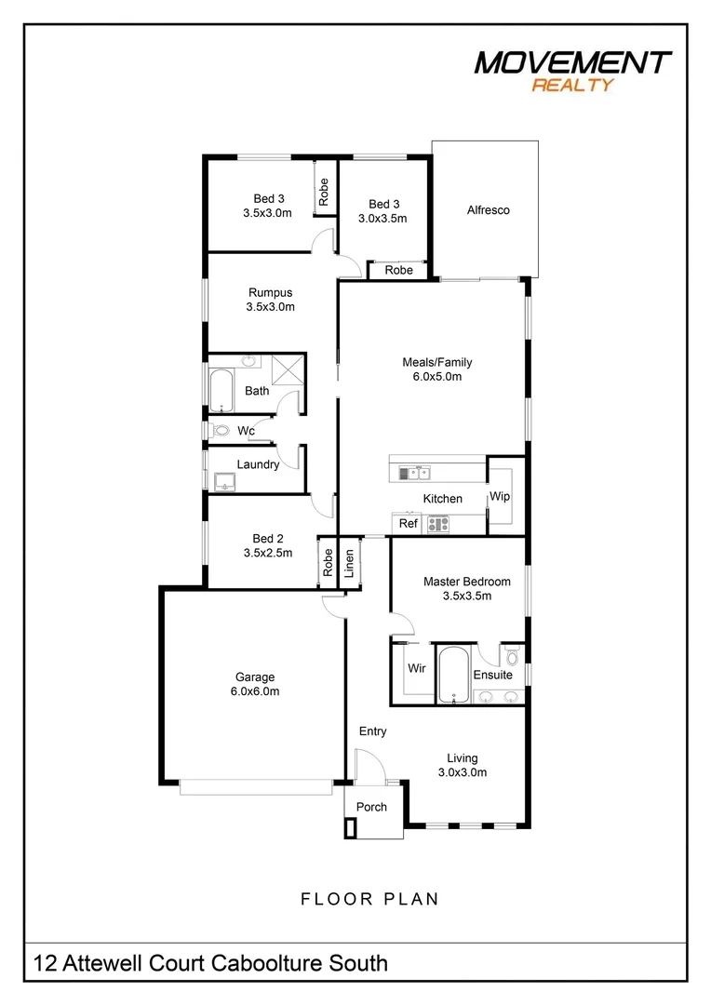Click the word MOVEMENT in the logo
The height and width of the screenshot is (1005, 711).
pos(571,62)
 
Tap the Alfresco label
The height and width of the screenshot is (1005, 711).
pos(488,210)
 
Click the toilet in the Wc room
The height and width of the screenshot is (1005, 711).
pos(220,431)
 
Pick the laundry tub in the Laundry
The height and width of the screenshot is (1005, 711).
pos(223,481)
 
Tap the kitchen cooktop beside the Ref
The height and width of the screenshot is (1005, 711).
pos(437,524)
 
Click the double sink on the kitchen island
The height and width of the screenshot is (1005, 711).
pos(414,474)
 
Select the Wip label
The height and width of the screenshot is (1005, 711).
pos(500,497)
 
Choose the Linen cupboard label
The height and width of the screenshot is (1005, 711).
pos(349,563)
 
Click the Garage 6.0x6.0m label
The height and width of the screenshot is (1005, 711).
pos(254,684)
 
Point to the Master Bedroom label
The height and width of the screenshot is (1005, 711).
pos(466,588)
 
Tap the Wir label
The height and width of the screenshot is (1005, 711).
pos(416,667)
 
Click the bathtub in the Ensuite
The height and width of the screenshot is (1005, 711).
pos(453,675)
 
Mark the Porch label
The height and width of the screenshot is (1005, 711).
pos(371,807)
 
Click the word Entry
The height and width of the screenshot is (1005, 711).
pos(372,731)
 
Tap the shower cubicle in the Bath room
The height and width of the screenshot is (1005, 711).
pos(289,369)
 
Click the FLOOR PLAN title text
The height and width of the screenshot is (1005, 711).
pos(369,899)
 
